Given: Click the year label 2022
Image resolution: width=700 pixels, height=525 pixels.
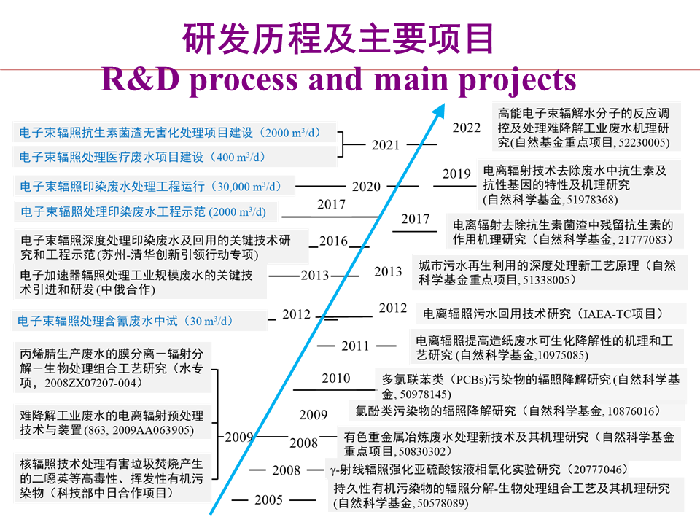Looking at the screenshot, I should (467, 128).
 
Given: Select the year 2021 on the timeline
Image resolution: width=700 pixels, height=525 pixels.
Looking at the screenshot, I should (386, 145).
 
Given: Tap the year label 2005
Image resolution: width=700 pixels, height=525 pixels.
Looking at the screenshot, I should (269, 500).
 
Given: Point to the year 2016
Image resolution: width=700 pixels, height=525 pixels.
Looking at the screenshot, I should (333, 241).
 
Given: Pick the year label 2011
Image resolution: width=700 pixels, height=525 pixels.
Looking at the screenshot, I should (355, 346).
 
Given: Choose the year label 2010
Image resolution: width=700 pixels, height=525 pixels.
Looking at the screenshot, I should (336, 378).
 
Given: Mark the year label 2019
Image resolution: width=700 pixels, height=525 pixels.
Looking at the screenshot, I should (456, 174).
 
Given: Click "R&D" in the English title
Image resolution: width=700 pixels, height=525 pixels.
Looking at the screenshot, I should (139, 79).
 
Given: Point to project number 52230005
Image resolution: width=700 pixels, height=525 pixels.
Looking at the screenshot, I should (640, 143).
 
